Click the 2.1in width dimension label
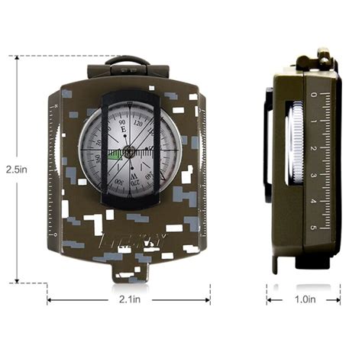(129, 300)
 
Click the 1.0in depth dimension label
(303, 300)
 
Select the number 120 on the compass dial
(138, 122)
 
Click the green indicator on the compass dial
(115, 154)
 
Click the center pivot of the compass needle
(129, 152)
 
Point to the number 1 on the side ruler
(314, 121)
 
